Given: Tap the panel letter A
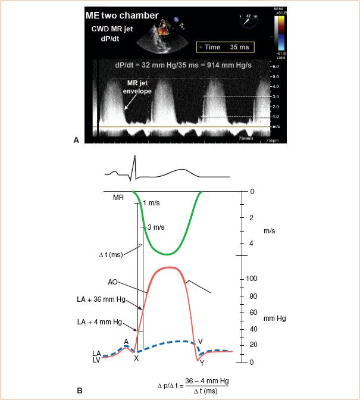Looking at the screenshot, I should tap(76, 139).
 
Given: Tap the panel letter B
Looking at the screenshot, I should tap(80, 390).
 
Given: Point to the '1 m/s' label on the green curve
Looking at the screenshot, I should tap(151, 204).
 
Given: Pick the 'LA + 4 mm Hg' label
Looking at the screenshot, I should tap(106, 321).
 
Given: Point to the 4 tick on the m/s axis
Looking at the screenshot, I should tap(251, 243).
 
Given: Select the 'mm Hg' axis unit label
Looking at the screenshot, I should tap(274, 318).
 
